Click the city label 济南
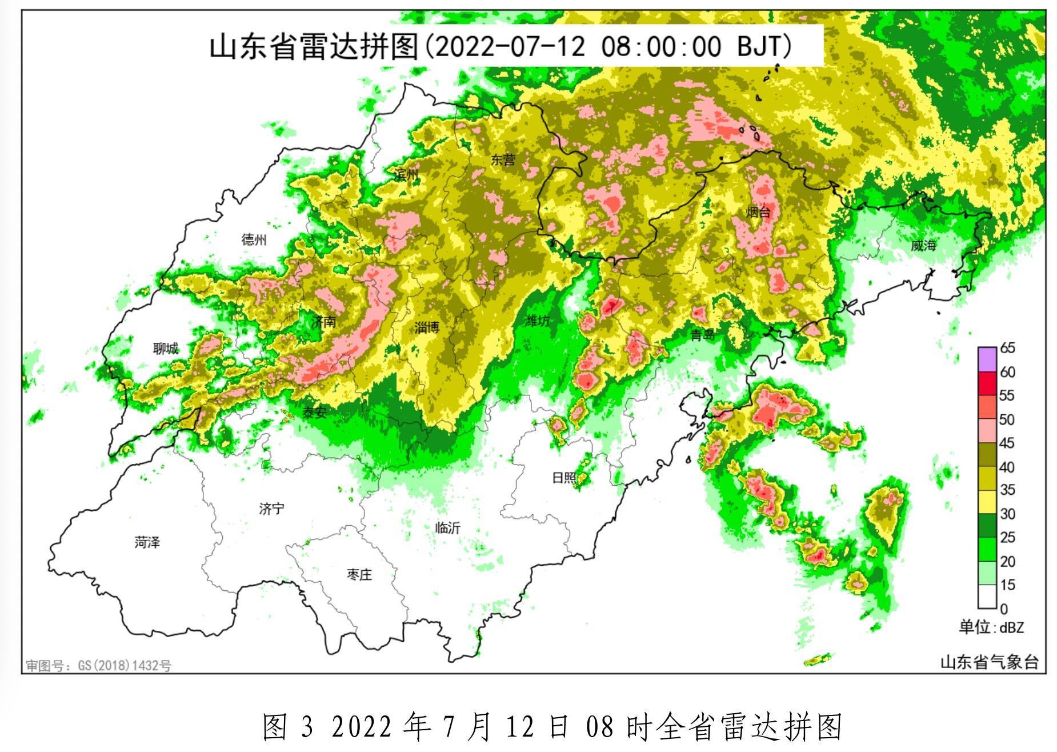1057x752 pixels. click(x=323, y=322)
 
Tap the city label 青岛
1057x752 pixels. click(x=703, y=335)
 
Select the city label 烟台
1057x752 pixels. click(x=758, y=213)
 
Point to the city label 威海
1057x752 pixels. click(x=923, y=246)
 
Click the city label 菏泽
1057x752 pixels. click(x=147, y=542)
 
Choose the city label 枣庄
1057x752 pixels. click(x=359, y=574)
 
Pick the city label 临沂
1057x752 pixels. click(x=447, y=528)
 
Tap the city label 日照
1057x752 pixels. click(x=564, y=477)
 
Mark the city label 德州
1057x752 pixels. click(x=254, y=239)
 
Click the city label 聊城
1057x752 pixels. click(x=165, y=348)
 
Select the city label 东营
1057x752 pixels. click(x=503, y=161)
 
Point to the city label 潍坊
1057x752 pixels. click(x=537, y=321)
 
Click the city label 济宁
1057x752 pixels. click(x=271, y=508)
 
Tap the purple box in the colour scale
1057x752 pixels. click(x=987, y=359)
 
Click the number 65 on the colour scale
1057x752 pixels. click(x=1007, y=348)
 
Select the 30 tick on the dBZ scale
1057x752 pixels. click(x=1007, y=514)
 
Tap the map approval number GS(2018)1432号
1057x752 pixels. click(x=125, y=666)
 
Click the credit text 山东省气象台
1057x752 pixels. click(x=989, y=662)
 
